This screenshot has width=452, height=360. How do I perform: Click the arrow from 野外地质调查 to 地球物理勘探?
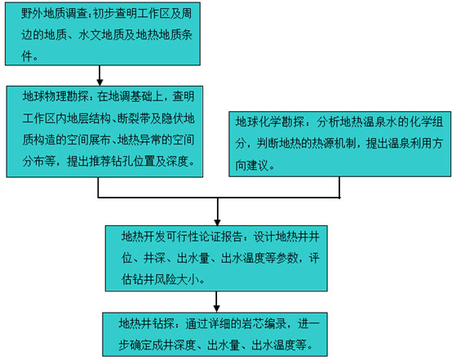pyautogui.click(x=100, y=76)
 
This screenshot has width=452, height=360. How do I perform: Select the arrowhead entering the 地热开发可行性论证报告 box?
pyautogui.click(x=217, y=222)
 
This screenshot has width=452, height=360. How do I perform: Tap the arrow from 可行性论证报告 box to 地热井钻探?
pyautogui.click(x=216, y=302)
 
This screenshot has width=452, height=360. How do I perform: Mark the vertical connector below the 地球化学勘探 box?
pyautogui.click(x=339, y=187)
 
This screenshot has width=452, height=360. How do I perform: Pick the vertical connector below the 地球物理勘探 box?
pyautogui.click(x=98, y=187)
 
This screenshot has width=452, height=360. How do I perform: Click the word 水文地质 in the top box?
pyautogui.click(x=101, y=35)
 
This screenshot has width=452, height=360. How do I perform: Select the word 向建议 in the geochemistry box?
pyautogui.click(x=252, y=165)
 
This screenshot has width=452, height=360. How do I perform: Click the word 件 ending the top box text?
pyautogui.click(x=27, y=56)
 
